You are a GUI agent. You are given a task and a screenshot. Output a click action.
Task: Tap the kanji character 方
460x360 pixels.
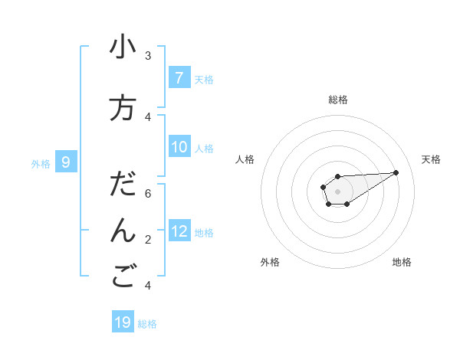pyautogui.click(x=123, y=107)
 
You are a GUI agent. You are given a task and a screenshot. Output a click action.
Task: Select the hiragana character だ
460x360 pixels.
pyautogui.click(x=123, y=185)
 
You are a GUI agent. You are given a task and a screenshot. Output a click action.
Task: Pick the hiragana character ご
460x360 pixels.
pyautogui.click(x=123, y=277)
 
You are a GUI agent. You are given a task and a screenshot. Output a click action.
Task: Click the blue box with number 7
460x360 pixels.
pyautogui.click(x=179, y=78)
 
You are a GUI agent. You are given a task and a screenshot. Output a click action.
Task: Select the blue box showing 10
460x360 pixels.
pyautogui.click(x=179, y=148)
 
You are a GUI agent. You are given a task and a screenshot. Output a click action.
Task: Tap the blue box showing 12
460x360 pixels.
pyautogui.click(x=179, y=231)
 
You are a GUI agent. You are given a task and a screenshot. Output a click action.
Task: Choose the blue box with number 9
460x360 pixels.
pyautogui.click(x=66, y=162)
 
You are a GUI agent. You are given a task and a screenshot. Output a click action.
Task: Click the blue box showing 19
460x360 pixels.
pyautogui.click(x=123, y=322)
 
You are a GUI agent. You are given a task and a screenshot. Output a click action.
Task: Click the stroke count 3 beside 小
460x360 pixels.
pyautogui.click(x=148, y=55)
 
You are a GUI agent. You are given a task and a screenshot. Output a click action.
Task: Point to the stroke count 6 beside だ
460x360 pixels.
pyautogui.click(x=148, y=193)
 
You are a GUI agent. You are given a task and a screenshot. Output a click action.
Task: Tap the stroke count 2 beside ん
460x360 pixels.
pyautogui.click(x=148, y=240)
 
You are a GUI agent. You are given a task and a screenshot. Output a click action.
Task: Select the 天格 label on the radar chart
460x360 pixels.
pyautogui.click(x=431, y=159)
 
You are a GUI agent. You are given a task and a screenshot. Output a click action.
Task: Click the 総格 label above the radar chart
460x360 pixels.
pyautogui.click(x=338, y=100)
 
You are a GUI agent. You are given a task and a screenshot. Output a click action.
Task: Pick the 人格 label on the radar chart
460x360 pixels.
pyautogui.click(x=245, y=159)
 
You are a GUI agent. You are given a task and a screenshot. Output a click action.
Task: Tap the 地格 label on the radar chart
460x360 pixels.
pyautogui.click(x=402, y=262)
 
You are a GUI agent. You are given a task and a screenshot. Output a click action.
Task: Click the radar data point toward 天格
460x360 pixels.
pyautogui.click(x=396, y=172)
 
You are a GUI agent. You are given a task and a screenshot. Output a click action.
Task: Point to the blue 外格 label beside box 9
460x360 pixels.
pyautogui.click(x=41, y=163)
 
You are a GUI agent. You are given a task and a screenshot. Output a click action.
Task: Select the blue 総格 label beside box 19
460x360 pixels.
pyautogui.click(x=147, y=324)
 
